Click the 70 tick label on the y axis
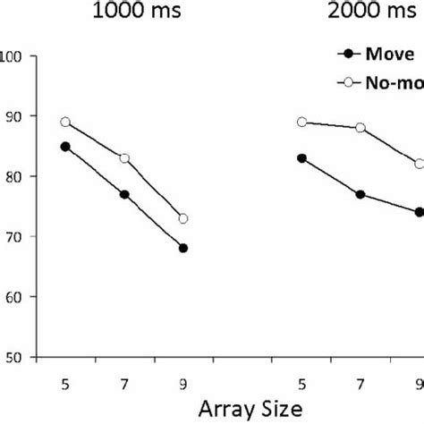[17, 237]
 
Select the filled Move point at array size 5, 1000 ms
[65, 147]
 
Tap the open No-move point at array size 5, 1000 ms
[65, 123]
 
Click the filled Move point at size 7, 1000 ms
[124, 195]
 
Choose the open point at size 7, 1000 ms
[124, 158]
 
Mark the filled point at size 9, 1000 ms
[183, 249]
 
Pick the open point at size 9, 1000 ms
[183, 219]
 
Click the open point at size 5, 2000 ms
[302, 123]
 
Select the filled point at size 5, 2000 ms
[302, 158]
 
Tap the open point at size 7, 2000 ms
[361, 128]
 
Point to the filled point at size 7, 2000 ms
[361, 195]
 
